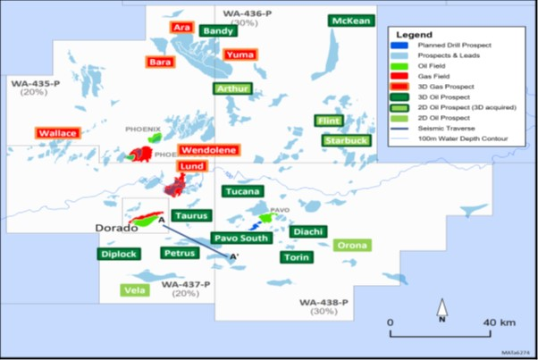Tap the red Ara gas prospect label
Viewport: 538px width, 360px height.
coord(182,29)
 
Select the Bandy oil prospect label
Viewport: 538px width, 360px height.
coord(218,30)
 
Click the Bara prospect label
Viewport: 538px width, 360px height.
coord(161,63)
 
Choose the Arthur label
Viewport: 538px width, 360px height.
coord(232,88)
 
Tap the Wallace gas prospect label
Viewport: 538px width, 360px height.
coord(57,133)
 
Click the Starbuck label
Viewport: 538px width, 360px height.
coord(345,141)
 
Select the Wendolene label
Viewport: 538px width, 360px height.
coord(208,150)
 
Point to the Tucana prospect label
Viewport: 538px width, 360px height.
coord(242,191)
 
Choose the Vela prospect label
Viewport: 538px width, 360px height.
coord(136,290)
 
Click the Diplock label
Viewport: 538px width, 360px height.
coord(119,254)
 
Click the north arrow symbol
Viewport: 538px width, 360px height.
coord(441,313)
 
